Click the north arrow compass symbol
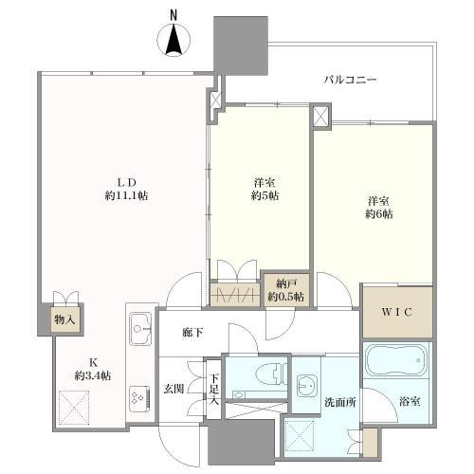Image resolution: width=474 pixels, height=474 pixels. (174, 42)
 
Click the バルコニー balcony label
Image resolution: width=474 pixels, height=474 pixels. (350, 81)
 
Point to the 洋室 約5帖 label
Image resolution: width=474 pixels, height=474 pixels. (264, 189)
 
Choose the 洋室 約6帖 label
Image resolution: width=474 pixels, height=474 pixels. (378, 207)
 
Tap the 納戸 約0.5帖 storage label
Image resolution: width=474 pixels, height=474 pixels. (284, 290)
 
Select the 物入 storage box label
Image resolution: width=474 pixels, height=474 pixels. (65, 319)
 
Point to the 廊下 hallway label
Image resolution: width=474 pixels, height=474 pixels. (193, 334)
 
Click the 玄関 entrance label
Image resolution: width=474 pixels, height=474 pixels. (173, 388)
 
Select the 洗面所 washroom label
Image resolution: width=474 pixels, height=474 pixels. (338, 401)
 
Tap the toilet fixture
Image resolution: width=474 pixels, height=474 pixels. (264, 374)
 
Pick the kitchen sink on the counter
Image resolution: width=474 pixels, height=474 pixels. (139, 332)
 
